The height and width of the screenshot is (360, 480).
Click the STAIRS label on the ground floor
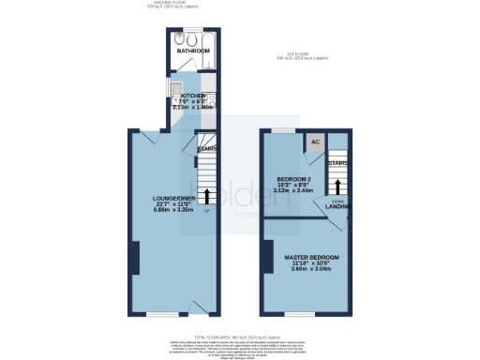coord(207,148)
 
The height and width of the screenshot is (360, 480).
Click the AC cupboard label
coord(315,142)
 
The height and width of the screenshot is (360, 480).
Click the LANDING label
coord(338,207)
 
